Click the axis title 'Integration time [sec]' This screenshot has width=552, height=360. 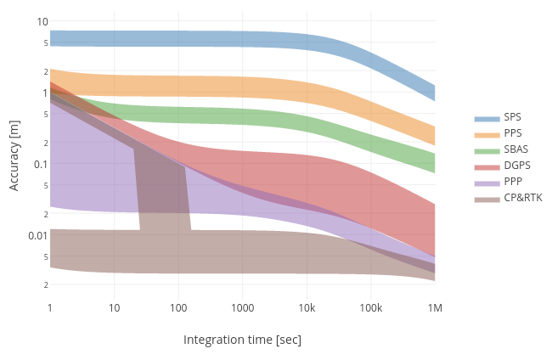pyautogui.click(x=242, y=340)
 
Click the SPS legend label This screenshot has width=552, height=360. pyautogui.click(x=513, y=117)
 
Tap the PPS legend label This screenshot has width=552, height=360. pyautogui.click(x=513, y=133)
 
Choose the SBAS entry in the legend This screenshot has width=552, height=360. pyautogui.click(x=515, y=149)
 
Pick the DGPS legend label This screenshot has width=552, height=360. pyautogui.click(x=516, y=166)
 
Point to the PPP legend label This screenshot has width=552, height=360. pyautogui.click(x=513, y=182)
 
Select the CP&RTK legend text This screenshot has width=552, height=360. pyautogui.click(x=522, y=198)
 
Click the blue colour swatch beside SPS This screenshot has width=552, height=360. pyautogui.click(x=487, y=118)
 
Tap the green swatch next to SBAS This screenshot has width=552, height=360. pyautogui.click(x=487, y=150)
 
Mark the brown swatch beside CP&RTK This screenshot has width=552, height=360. pyautogui.click(x=487, y=199)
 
